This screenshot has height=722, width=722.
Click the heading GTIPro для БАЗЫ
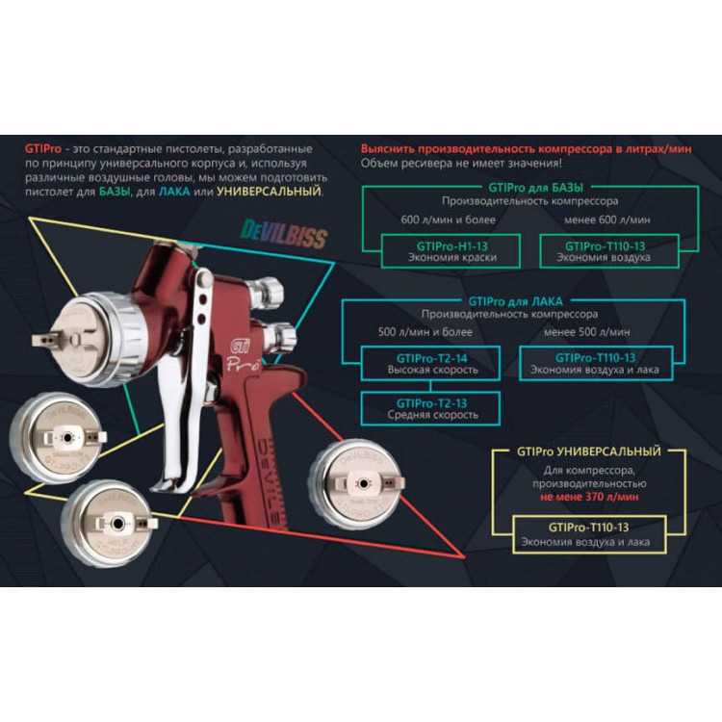click(x=537, y=188)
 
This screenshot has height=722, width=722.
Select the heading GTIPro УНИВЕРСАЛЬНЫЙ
click(x=588, y=451)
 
